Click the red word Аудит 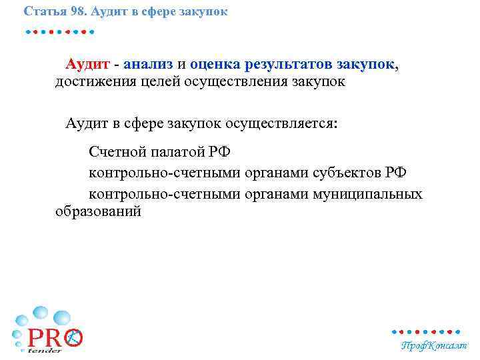(87, 65)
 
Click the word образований (98, 212)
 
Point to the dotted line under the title (59, 31)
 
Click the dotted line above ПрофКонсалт (426, 331)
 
